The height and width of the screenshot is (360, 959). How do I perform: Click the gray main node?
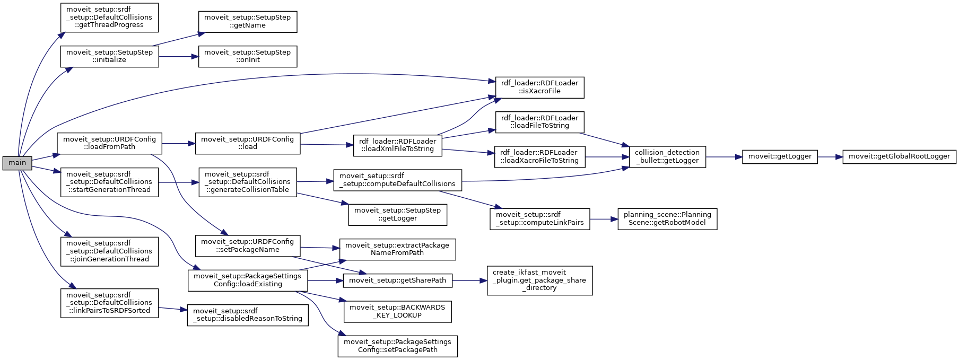tap(17, 163)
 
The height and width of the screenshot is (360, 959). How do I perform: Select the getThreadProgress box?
tap(109, 17)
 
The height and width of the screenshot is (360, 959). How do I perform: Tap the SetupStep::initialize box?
tap(109, 56)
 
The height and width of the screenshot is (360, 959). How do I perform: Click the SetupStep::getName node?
tap(247, 21)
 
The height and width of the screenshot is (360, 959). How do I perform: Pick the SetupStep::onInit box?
tap(247, 56)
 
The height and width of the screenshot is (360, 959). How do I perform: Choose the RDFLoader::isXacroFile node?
tap(539, 87)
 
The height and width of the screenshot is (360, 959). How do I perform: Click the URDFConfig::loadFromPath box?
tap(109, 143)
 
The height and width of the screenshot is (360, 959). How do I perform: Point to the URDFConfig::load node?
tap(247, 143)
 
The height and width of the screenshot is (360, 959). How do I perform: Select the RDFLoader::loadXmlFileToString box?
tap(397, 145)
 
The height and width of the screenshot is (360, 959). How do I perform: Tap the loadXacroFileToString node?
tap(539, 156)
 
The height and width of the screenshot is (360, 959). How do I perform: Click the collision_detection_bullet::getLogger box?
tap(667, 156)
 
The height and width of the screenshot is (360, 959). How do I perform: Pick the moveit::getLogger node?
tap(780, 156)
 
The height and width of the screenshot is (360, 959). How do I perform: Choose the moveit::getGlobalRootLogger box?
tap(899, 156)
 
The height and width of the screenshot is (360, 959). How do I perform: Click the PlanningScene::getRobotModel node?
tap(667, 218)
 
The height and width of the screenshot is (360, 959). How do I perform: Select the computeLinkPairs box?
tap(539, 218)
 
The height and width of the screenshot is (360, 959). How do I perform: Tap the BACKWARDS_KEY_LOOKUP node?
tap(397, 311)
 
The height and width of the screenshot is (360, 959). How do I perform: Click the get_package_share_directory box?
tap(539, 280)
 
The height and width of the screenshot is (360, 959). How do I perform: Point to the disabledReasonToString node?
tap(247, 315)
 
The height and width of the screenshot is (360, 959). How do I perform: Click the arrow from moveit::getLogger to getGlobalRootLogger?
tap(830, 156)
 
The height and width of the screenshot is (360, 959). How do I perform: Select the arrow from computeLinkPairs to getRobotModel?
tap(604, 218)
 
